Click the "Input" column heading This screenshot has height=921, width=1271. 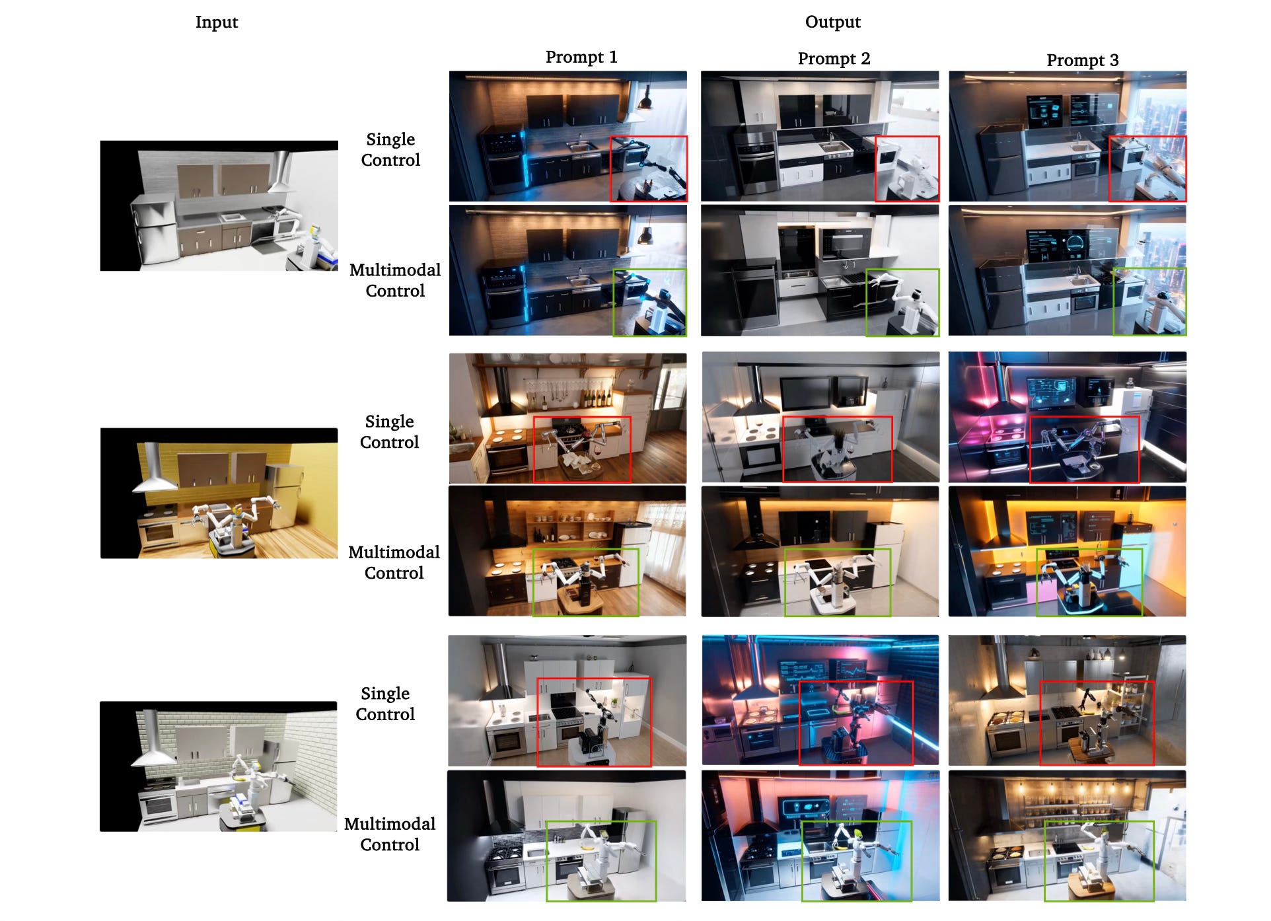[216, 22]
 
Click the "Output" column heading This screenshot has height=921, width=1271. [832, 22]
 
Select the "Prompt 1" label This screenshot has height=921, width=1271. [581, 57]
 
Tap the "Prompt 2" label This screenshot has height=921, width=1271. [834, 58]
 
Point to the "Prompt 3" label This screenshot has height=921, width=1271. [1082, 60]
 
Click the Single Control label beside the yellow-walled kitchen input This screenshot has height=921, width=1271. [389, 431]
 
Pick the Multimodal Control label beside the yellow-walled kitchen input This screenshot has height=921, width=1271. [394, 562]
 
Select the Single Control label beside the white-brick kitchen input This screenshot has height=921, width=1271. [385, 704]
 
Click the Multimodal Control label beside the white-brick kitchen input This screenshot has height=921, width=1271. [390, 834]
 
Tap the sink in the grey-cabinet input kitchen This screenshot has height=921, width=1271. [233, 217]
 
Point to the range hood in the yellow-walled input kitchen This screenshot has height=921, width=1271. [154, 470]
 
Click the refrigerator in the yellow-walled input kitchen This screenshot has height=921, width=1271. [285, 496]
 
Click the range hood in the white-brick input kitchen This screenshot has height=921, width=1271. [153, 742]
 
